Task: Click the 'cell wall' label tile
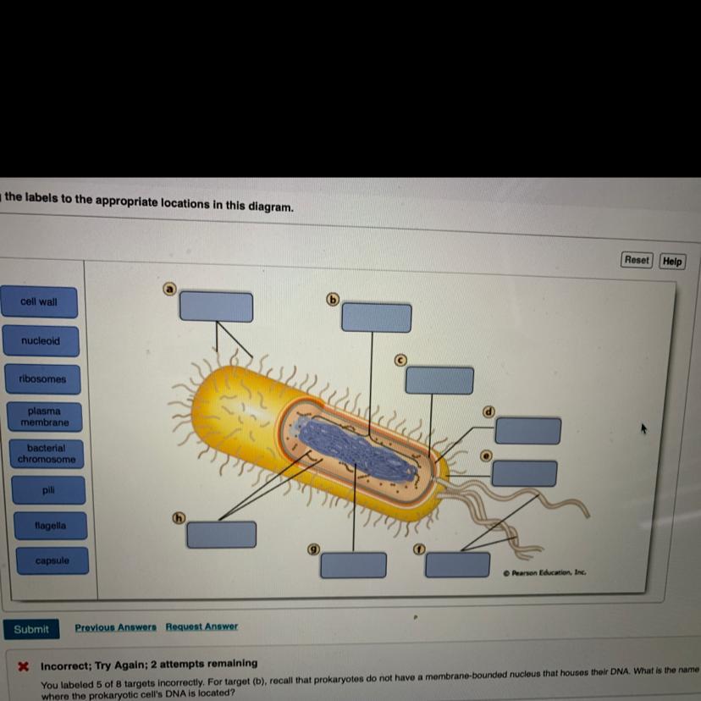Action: (x=40, y=302)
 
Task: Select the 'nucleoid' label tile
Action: (x=41, y=341)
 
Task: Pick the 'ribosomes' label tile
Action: (x=42, y=379)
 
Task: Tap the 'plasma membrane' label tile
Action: (x=45, y=417)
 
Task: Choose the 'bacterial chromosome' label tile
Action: (x=47, y=454)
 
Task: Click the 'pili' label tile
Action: (x=48, y=490)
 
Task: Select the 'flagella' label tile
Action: (x=50, y=526)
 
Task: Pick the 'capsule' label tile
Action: (x=52, y=561)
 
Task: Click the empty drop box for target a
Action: (x=216, y=306)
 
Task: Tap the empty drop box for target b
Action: (x=377, y=317)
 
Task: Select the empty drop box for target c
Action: (x=439, y=380)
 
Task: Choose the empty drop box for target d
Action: (x=527, y=430)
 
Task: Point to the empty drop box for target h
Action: (x=221, y=534)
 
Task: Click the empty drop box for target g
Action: (x=353, y=565)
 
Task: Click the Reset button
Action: (x=637, y=260)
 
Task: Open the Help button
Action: (x=672, y=261)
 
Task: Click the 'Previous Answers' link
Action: (x=115, y=626)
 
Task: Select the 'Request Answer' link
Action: (x=201, y=626)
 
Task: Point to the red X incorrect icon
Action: (x=25, y=665)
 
